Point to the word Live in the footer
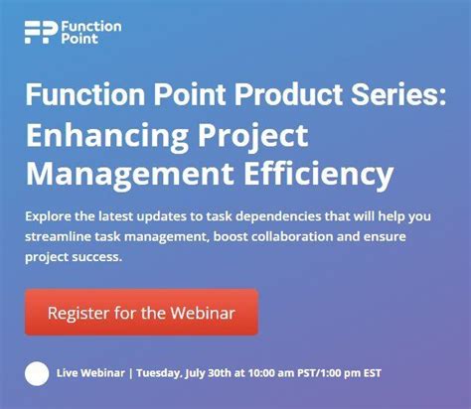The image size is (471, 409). [71, 374]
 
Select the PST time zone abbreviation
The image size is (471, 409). [323, 374]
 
